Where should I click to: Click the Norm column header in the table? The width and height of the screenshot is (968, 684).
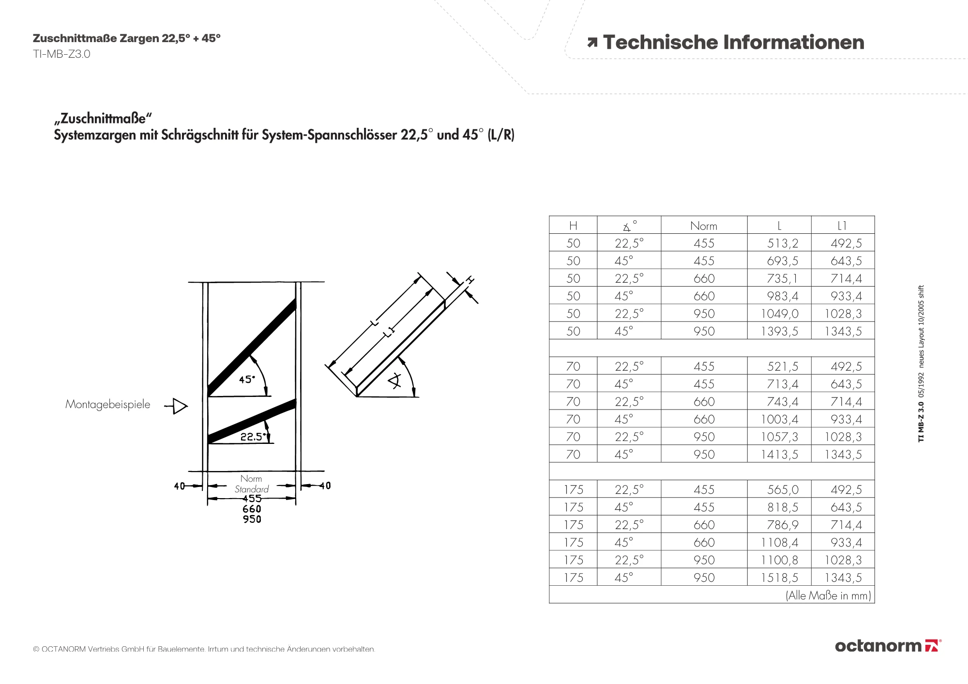tap(704, 226)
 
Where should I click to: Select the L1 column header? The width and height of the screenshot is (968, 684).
tap(842, 226)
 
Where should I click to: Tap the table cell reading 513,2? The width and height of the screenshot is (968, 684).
tap(783, 243)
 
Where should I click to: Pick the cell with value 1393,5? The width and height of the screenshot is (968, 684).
tap(780, 332)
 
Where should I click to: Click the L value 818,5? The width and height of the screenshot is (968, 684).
tap(783, 507)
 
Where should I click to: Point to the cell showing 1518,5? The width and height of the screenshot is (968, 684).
tap(780, 578)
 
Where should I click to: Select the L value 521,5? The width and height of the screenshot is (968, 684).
tap(783, 366)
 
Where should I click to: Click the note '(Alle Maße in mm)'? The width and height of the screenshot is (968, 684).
tap(828, 595)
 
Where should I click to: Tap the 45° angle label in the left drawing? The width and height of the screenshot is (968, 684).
tap(247, 380)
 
